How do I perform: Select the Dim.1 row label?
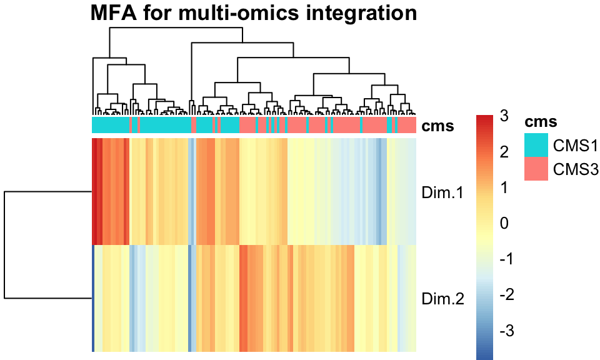pos(442,194)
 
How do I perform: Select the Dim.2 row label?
pos(442,298)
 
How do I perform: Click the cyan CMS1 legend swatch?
pos(536,145)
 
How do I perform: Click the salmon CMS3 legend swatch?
pos(536,169)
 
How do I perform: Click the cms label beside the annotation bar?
pos(438,126)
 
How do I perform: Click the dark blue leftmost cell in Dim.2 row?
pos(94,298)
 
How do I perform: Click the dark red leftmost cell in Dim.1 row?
pos(94,191)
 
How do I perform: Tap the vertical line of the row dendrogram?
pos(5,245)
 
